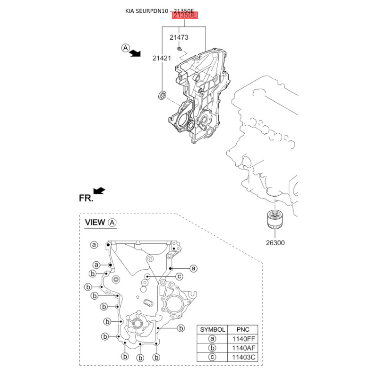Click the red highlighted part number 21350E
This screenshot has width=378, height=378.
click(185, 15)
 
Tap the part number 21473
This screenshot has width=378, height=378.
click(179, 37)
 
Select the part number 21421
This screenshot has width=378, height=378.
click(162, 58)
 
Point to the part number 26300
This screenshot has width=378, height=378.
click(275, 243)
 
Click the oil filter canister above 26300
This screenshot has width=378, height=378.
click(275, 219)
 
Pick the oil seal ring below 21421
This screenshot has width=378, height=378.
click(162, 95)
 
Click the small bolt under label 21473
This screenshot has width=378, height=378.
click(179, 49)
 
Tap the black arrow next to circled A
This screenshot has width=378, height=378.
click(135, 53)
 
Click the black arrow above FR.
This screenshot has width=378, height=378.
click(99, 190)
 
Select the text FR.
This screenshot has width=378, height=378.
click(86, 198)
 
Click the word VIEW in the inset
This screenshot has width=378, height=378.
click(95, 222)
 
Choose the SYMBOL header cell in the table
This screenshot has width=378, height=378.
click(212, 329)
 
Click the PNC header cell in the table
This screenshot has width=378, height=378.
click(243, 329)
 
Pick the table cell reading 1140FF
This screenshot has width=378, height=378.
click(243, 339)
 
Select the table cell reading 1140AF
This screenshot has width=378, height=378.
click(243, 348)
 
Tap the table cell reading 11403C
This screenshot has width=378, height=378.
click(243, 357)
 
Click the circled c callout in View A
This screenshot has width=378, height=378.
click(180, 276)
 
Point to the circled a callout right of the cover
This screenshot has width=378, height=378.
click(194, 268)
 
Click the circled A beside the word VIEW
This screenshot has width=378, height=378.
click(112, 222)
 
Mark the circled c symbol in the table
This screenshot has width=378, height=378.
click(212, 357)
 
